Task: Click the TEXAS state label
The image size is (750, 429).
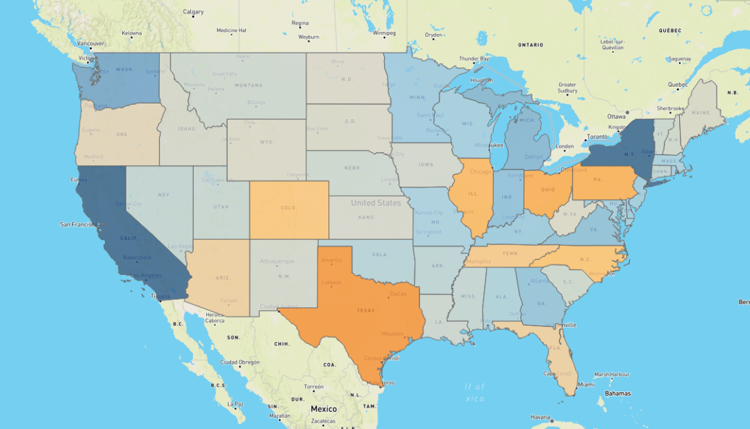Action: pyautogui.click(x=366, y=310)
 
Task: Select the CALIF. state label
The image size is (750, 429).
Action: pyautogui.click(x=128, y=238)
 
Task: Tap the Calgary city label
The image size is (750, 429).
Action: pyautogui.click(x=193, y=12)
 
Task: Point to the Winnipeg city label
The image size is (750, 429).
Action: pyautogui.click(x=383, y=33)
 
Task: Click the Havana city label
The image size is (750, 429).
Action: pyautogui.click(x=540, y=417)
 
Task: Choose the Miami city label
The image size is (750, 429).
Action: pyautogui.click(x=586, y=385)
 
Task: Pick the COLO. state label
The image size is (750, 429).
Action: pyautogui.click(x=289, y=208)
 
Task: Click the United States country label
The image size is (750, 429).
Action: pyautogui.click(x=376, y=203)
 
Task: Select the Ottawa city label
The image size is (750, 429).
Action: pyautogui.click(x=616, y=115)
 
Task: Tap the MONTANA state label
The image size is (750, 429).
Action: pyautogui.click(x=249, y=85)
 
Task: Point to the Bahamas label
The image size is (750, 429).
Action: pyautogui.click(x=618, y=394)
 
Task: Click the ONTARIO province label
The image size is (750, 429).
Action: pyautogui.click(x=530, y=45)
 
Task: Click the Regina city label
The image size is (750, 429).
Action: pyautogui.click(x=300, y=23)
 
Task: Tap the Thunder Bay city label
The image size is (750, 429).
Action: pyautogui.click(x=474, y=58)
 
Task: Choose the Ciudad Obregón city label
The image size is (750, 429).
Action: pyautogui.click(x=240, y=362)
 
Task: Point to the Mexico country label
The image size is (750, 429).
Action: pyautogui.click(x=324, y=409)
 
